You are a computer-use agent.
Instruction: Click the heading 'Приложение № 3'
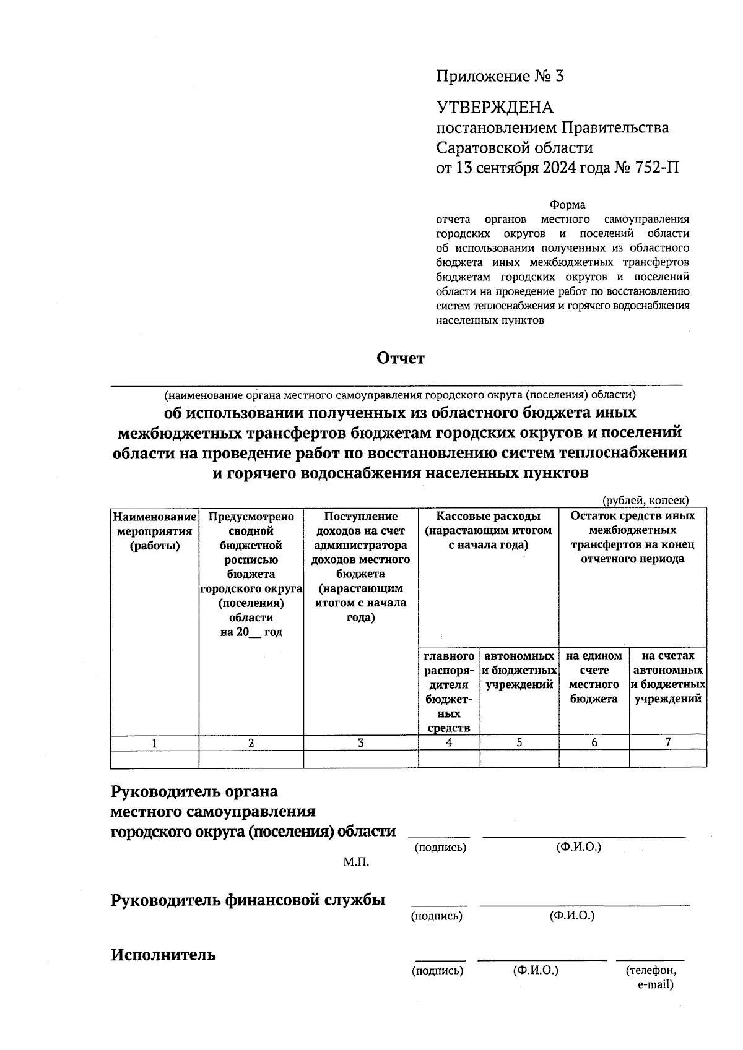[x=500, y=76]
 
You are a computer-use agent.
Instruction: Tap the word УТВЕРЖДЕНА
[x=495, y=108]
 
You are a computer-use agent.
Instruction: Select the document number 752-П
[x=657, y=168]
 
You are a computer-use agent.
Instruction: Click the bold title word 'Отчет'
[x=401, y=358]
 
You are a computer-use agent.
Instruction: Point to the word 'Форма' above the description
[x=567, y=205]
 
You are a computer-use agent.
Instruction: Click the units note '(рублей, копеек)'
[x=646, y=501]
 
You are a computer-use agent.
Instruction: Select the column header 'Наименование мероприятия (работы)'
[x=155, y=531]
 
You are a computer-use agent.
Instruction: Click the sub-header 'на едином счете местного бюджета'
[x=594, y=677]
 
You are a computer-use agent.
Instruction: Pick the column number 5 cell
[x=519, y=742]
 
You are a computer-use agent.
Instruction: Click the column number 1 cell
[x=154, y=743]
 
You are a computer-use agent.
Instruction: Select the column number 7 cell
[x=668, y=742]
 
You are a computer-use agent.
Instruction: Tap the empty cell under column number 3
[x=360, y=759]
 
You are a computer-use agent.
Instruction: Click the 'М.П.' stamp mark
[x=356, y=862]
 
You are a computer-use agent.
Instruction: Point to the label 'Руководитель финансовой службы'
[x=248, y=900]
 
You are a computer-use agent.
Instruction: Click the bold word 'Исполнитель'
[x=163, y=955]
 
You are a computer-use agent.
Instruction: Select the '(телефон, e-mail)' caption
[x=651, y=977]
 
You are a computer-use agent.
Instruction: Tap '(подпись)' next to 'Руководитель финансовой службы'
[x=437, y=916]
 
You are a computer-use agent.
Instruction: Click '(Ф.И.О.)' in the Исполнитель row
[x=536, y=970]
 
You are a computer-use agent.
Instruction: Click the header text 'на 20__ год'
[x=251, y=632]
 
